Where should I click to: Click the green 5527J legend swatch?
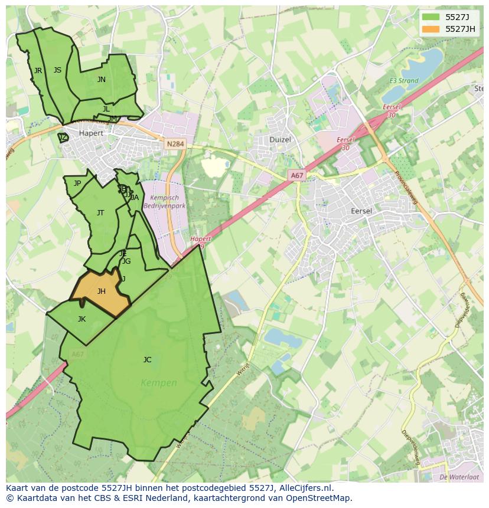[431, 17]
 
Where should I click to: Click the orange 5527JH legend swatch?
[431, 29]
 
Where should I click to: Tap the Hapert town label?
[91, 133]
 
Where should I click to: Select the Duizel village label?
[281, 139]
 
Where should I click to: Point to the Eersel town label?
[361, 211]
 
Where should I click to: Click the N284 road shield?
[175, 144]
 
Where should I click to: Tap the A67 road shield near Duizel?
[296, 175]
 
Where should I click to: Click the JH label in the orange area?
[102, 291]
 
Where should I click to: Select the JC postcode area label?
[147, 359]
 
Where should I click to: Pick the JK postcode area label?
[81, 319]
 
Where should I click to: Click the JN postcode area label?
[102, 80]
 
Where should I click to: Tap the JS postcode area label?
[57, 70]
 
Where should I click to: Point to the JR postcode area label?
[38, 71]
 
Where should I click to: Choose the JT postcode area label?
[100, 213]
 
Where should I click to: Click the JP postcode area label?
[77, 183]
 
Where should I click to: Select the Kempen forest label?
[159, 383]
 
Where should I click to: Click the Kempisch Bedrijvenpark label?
[168, 202]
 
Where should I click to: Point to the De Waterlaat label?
[459, 477]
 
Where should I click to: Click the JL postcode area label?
[106, 109]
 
